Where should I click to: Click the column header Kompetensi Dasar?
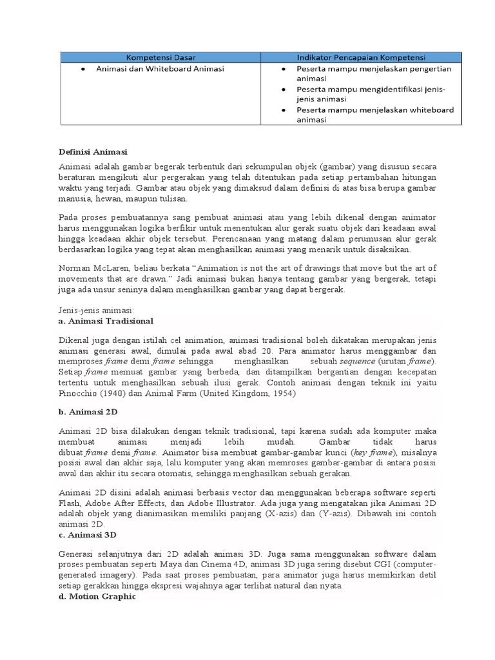[x=160, y=57]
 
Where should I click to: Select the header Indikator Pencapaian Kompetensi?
[x=361, y=57]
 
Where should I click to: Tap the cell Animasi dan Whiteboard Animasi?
[x=160, y=68]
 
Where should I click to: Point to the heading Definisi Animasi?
[x=93, y=152]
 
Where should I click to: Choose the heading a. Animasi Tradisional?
[x=106, y=320]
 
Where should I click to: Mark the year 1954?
[x=281, y=393]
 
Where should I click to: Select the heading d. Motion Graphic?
[x=97, y=596]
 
